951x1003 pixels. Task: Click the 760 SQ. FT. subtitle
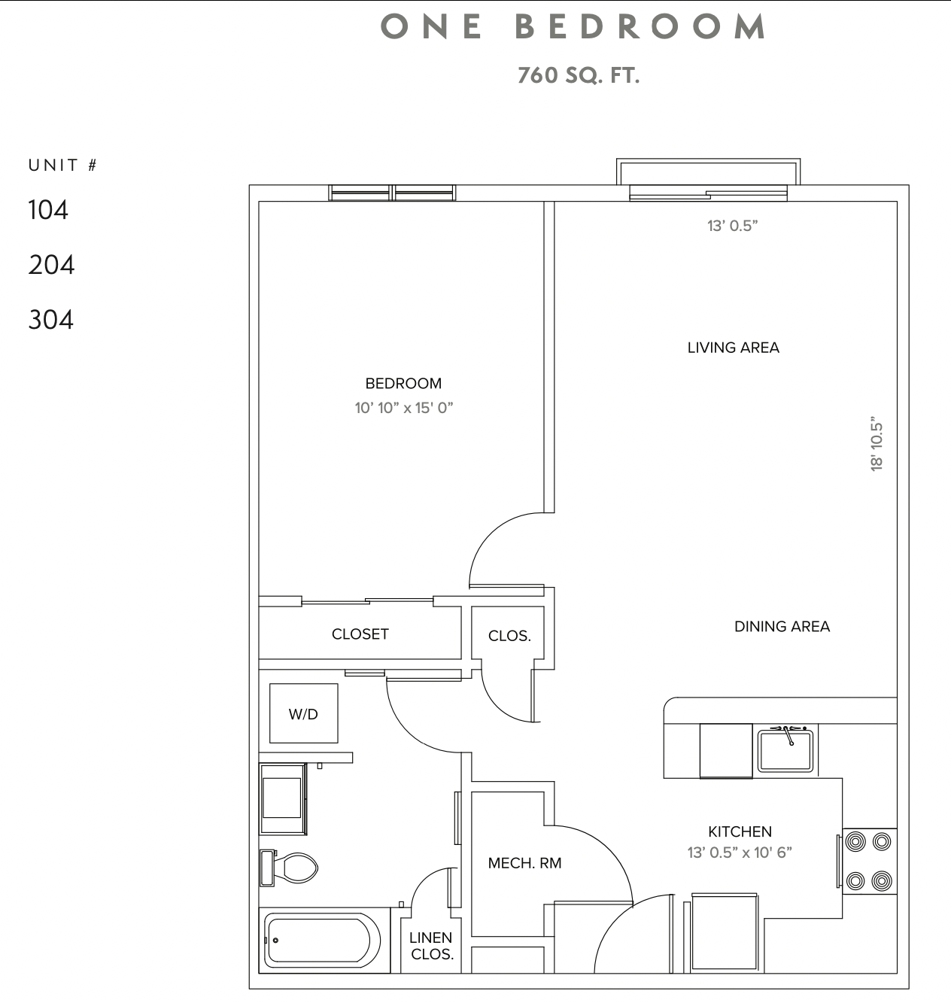[578, 75]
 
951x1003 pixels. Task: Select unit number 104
[48, 210]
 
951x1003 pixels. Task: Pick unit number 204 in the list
[51, 265]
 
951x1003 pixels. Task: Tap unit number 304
[51, 320]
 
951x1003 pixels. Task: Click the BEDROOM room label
[403, 383]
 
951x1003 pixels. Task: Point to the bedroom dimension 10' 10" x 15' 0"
[404, 408]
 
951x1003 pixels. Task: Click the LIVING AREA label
[733, 348]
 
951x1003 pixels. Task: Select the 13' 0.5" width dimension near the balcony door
[732, 226]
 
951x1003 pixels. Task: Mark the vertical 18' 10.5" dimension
[877, 444]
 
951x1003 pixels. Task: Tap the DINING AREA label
[782, 626]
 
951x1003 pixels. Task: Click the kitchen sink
[785, 750]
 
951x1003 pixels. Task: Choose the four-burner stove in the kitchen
[869, 861]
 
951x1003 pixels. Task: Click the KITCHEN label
[740, 831]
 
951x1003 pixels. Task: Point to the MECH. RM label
[524, 863]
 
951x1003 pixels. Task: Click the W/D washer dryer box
[304, 713]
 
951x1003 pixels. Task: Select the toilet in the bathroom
[293, 868]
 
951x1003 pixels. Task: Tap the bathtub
[320, 941]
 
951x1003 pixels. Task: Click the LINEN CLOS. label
[431, 946]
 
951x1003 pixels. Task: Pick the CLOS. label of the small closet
[509, 636]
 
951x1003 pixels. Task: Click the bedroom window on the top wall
[392, 193]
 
